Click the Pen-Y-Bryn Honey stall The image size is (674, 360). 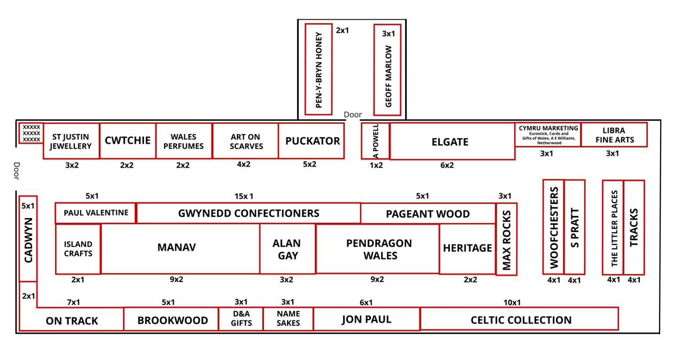[x=319, y=69]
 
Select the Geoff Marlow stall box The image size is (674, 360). [x=387, y=69]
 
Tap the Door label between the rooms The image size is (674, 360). [x=353, y=115]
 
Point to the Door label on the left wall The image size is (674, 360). [x=16, y=172]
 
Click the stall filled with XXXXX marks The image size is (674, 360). [x=32, y=133]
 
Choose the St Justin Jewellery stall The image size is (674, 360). [x=71, y=141]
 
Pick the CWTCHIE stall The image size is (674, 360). [x=127, y=141]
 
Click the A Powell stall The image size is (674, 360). [x=375, y=141]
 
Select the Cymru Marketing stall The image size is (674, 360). [x=548, y=135]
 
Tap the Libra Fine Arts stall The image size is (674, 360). [x=614, y=135]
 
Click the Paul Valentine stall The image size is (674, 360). [x=96, y=213]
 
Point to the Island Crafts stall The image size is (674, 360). [x=78, y=249]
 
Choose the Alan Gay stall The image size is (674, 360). [x=287, y=249]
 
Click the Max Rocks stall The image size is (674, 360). [x=506, y=239]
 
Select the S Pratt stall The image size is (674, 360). [x=575, y=227]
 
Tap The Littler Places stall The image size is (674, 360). [x=613, y=228]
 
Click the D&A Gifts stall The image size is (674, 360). [x=241, y=319]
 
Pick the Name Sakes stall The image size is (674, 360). [x=288, y=319]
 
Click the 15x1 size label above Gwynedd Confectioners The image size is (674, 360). [x=244, y=196]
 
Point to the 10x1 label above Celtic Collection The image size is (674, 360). [x=512, y=303]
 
